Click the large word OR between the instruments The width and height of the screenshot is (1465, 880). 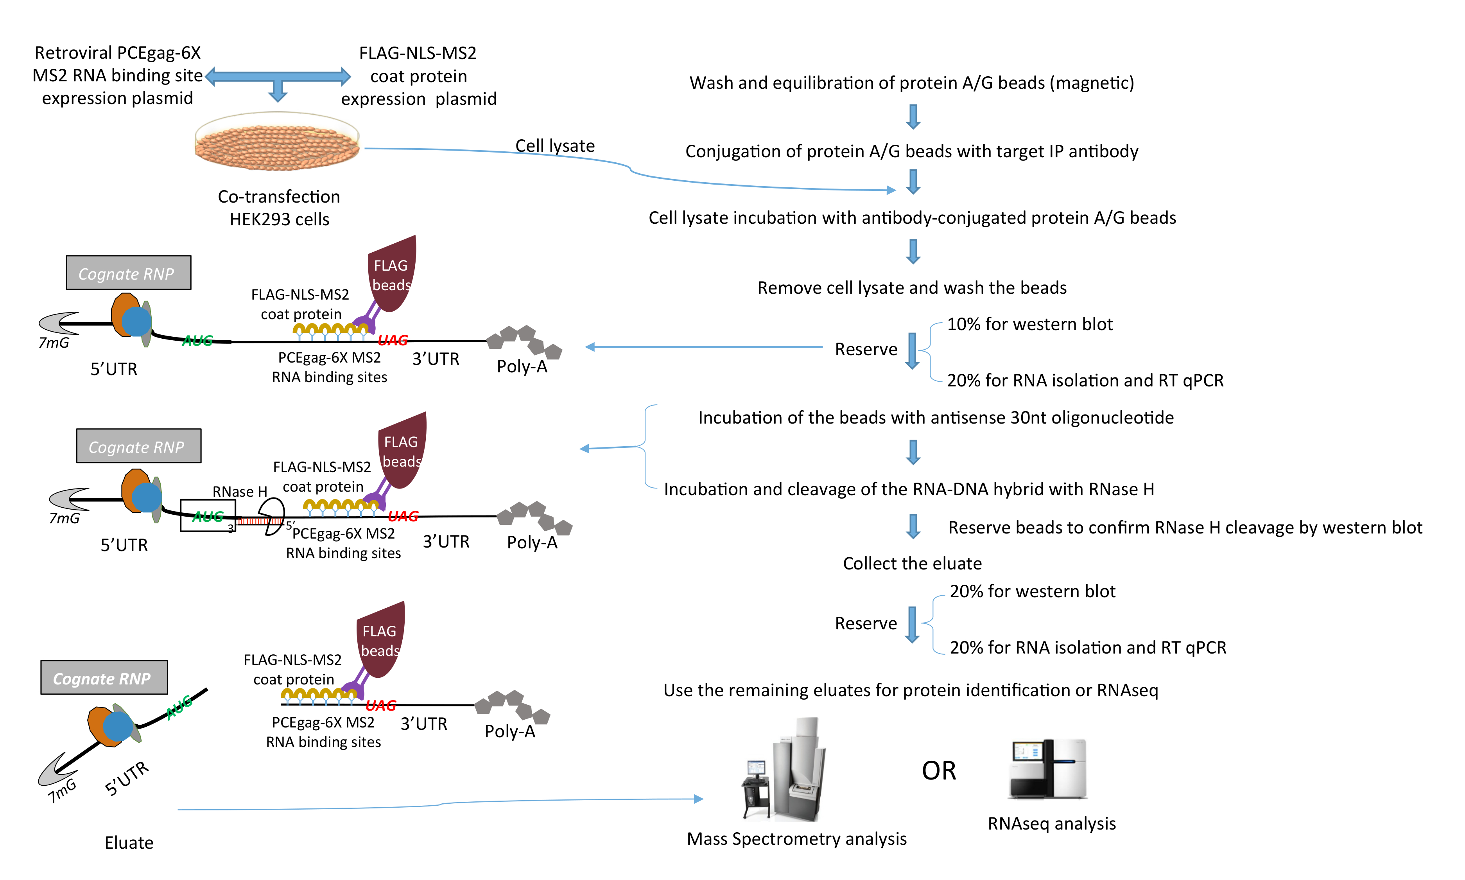click(939, 771)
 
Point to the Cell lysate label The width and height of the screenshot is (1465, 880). click(555, 146)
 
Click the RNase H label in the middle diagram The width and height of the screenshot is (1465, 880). click(239, 492)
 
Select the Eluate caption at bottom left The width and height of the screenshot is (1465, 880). click(129, 842)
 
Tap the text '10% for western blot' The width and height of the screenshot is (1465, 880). click(1029, 324)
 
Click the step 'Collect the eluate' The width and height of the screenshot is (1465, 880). click(912, 563)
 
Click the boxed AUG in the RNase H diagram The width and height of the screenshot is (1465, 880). click(208, 516)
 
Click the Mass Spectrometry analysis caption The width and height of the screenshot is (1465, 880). click(796, 839)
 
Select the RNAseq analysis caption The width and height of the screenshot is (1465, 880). click(1051, 824)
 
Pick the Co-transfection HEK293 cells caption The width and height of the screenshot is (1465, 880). click(279, 208)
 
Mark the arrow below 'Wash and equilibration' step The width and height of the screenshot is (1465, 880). click(913, 117)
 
